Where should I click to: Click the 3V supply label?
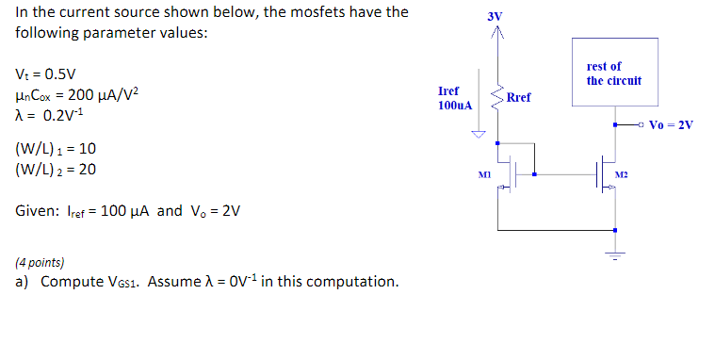pos(496,18)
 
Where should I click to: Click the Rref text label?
pos(518,97)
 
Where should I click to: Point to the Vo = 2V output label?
pos(672,124)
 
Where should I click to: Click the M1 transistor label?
pos(485,174)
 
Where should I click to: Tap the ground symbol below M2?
pos(615,253)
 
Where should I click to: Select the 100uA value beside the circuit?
pos(454,106)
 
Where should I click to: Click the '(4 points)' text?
pos(41,263)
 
